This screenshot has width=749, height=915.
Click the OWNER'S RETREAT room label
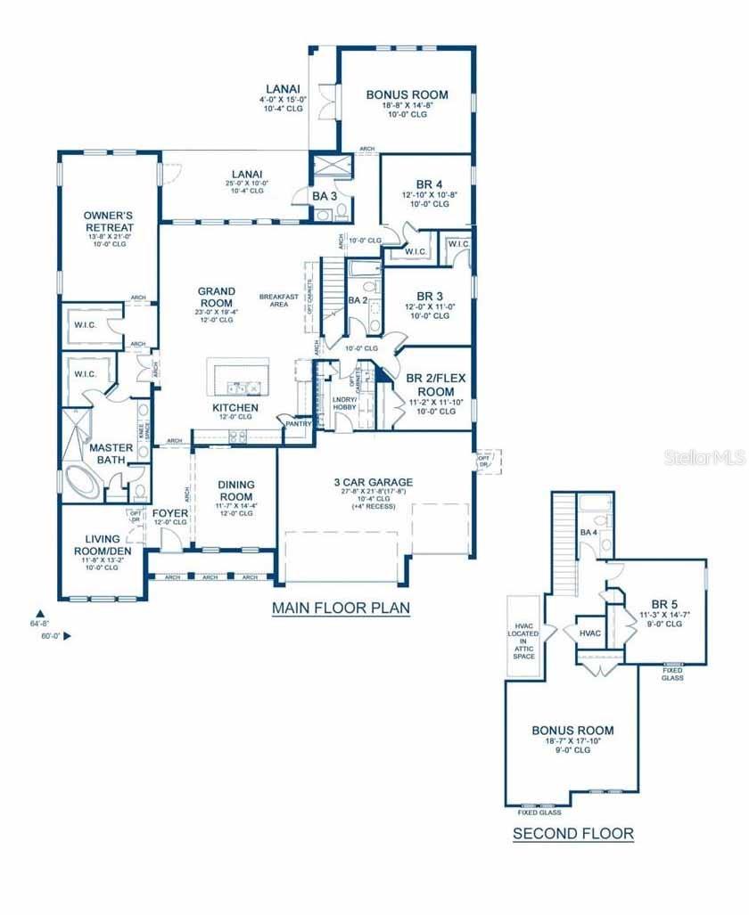[109, 221]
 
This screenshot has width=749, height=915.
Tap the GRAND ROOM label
[217, 297]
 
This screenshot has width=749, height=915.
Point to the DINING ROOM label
[236, 490]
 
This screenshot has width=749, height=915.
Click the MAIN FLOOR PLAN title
[341, 609]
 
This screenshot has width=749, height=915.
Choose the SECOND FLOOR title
[572, 835]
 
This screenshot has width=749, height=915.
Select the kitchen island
[238, 377]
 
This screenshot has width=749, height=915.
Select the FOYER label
[169, 513]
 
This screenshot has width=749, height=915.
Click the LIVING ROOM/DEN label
[103, 544]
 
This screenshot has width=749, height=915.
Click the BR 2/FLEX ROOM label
[436, 385]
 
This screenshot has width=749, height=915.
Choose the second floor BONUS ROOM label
[572, 731]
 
